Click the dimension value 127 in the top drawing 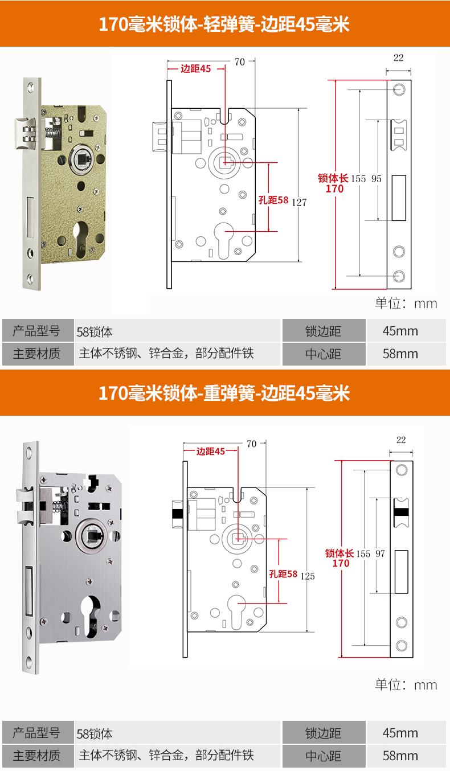[300, 202]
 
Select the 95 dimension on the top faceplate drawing [377, 178]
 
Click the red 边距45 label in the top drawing [195, 69]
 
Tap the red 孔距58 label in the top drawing [273, 200]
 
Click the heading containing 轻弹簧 [224, 26]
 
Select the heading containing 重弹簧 [224, 393]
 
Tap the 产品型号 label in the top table [36, 331]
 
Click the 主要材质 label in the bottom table [36, 756]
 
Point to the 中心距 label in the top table [323, 354]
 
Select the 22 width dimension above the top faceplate [398, 58]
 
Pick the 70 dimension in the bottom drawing [251, 444]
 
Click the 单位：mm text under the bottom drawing [406, 684]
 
